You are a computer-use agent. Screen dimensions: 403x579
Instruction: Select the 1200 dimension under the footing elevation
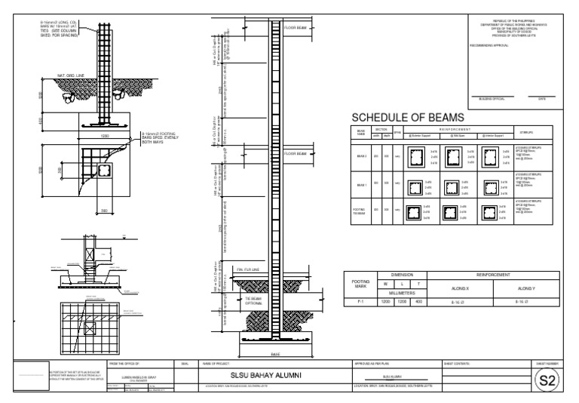click(106, 136)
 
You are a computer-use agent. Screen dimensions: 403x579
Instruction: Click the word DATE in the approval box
click(541, 98)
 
